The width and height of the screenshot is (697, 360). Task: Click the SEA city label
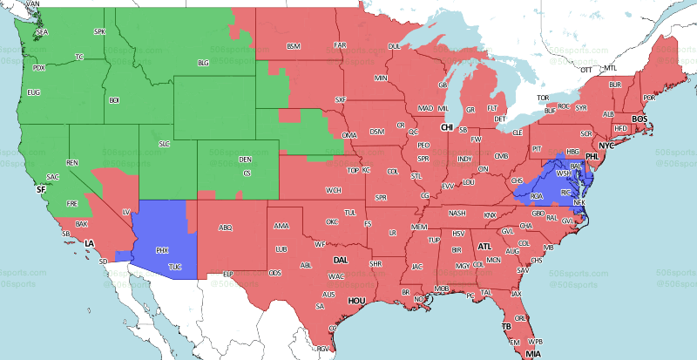coord(42,32)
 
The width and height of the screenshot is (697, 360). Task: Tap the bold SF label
coord(40,188)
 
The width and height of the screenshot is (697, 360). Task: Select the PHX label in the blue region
coord(162,250)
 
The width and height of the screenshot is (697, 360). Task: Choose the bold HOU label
coord(355,301)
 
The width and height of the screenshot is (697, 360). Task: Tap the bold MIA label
coord(531,355)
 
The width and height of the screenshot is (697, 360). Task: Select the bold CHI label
coord(447,127)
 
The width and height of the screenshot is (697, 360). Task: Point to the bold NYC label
coord(606,146)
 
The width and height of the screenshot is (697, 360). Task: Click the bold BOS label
coord(639,119)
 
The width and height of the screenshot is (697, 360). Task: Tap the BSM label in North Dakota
coord(293,45)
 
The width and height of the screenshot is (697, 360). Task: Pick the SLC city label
coord(164,143)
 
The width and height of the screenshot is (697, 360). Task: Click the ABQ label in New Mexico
coord(226,228)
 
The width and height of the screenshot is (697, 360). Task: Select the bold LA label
coord(89,243)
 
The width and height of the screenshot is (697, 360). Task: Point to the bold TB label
coord(506,327)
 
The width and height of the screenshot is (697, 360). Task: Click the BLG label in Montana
coord(204,63)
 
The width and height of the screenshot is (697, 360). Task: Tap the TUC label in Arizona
coord(175,266)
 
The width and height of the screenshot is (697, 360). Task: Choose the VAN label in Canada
coord(34,4)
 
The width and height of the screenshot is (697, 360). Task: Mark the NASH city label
coord(458,213)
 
